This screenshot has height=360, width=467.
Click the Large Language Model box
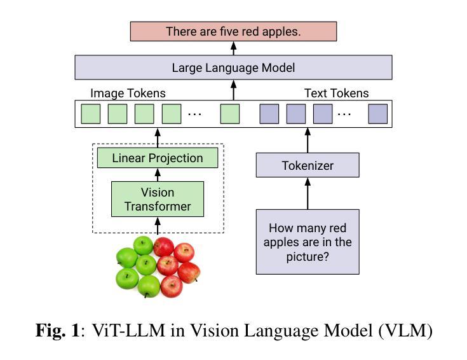pyautogui.click(x=233, y=67)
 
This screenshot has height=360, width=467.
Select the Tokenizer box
pyautogui.click(x=308, y=165)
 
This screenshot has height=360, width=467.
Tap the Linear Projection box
pyautogui.click(x=158, y=158)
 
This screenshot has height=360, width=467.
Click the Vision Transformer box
pyautogui.click(x=158, y=199)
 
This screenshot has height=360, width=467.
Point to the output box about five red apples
pyautogui.click(x=234, y=31)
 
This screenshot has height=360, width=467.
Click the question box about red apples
pyautogui.click(x=308, y=242)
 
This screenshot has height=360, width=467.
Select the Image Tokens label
pyautogui.click(x=128, y=93)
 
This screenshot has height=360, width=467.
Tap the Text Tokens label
pyautogui.click(x=337, y=93)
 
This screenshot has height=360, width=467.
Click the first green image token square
pyautogui.click(x=91, y=114)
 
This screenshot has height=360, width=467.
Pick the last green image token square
pyautogui.click(x=230, y=114)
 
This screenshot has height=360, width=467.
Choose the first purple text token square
pyautogui.click(x=269, y=114)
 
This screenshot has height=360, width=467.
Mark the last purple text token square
pyautogui.click(x=378, y=114)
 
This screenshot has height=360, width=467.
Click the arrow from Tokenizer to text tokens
pyautogui.click(x=308, y=141)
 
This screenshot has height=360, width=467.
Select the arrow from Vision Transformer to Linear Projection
pyautogui.click(x=158, y=175)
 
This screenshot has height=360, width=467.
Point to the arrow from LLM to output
pyautogui.click(x=234, y=48)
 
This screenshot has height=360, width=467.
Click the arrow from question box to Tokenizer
pyautogui.click(x=308, y=193)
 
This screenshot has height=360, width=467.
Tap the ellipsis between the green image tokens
pyautogui.click(x=195, y=114)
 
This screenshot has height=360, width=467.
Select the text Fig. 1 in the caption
pyautogui.click(x=58, y=331)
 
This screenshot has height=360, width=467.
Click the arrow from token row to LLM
pyautogui.click(x=234, y=90)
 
